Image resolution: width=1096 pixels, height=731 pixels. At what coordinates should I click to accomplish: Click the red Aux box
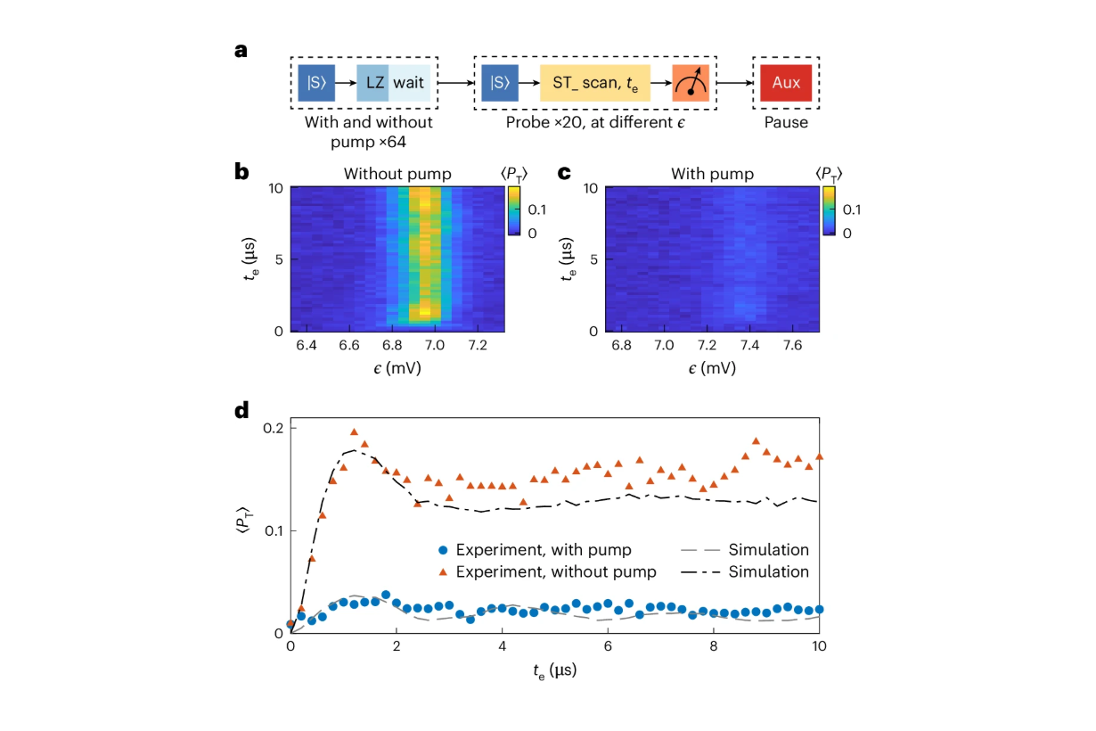pyautogui.click(x=785, y=83)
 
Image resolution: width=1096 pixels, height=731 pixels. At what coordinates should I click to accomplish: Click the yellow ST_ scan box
pyautogui.click(x=594, y=83)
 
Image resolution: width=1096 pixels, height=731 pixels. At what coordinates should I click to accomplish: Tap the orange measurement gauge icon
pyautogui.click(x=690, y=83)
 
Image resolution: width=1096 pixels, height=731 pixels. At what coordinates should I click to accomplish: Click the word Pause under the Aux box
pyautogui.click(x=785, y=122)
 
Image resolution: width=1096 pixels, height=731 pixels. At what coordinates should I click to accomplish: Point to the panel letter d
pyautogui.click(x=241, y=411)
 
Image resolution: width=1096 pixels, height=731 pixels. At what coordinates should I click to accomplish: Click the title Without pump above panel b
pyautogui.click(x=397, y=174)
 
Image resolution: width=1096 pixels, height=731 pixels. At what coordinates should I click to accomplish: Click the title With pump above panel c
pyautogui.click(x=711, y=174)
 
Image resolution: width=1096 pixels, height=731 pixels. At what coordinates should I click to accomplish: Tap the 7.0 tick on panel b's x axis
pyautogui.click(x=434, y=344)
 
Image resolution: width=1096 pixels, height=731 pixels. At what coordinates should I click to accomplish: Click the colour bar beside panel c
pyautogui.click(x=830, y=210)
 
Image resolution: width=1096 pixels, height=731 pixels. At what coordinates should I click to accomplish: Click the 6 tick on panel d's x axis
pyautogui.click(x=608, y=646)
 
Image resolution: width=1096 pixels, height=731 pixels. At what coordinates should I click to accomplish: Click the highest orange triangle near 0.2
pyautogui.click(x=354, y=432)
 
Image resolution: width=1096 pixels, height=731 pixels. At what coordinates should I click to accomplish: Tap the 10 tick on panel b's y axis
pyautogui.click(x=275, y=188)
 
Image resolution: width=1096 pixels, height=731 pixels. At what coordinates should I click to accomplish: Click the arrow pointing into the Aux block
pyautogui.click(x=732, y=83)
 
